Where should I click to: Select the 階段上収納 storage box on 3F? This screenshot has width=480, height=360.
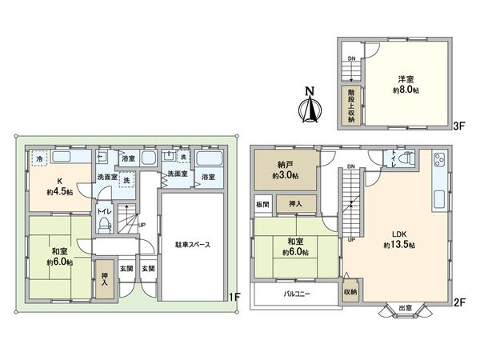point(350,105)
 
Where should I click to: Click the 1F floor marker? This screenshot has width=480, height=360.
point(234,298)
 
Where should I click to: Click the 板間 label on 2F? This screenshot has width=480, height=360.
point(263,204)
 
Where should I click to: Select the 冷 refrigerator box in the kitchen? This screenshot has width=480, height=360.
point(40,159)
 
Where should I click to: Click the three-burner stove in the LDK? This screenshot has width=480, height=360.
point(441,161)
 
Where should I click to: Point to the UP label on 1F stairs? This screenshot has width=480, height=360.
point(142,225)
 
